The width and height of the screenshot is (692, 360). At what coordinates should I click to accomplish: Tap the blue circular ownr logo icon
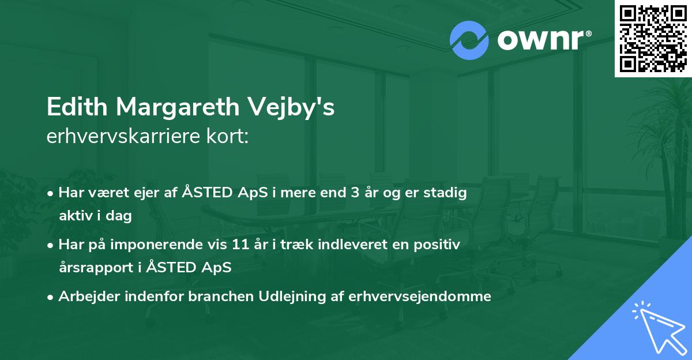469,40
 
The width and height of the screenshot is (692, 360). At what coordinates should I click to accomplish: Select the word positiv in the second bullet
440,245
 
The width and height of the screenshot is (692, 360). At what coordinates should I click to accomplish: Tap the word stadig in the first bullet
446,193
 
